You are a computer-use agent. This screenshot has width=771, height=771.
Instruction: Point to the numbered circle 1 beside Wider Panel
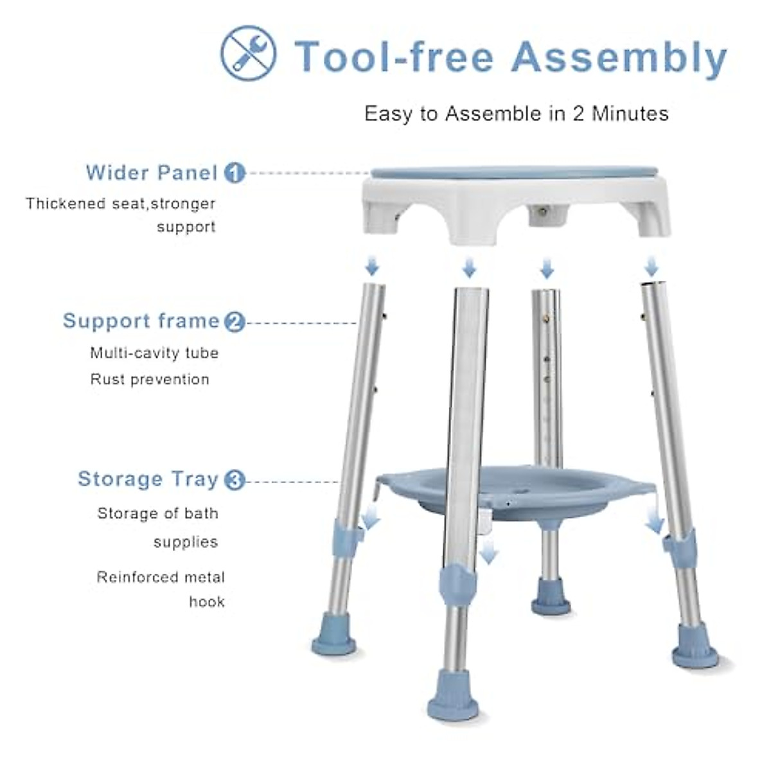pos(235,173)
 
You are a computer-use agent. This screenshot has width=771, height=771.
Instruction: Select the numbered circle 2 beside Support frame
pos(235,321)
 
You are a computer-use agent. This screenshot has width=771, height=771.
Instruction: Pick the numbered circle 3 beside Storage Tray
pos(235,480)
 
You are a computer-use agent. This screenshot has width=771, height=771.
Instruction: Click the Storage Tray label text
pos(148,479)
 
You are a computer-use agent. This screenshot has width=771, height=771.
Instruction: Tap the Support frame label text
pos(141,321)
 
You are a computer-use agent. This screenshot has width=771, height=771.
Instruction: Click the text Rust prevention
pos(150,380)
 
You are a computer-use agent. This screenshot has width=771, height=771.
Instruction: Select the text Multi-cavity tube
pos(154,353)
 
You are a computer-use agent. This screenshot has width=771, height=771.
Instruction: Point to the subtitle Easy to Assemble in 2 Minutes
pos(516,114)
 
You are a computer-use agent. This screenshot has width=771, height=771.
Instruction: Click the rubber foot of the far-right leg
pos(695,652)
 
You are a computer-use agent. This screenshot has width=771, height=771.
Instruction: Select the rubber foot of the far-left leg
pos(334,641)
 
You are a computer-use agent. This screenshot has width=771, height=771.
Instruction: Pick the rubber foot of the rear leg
pos(551,601)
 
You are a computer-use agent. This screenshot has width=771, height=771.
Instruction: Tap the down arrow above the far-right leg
pos(651,266)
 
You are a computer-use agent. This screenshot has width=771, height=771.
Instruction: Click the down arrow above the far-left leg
pos(372,265)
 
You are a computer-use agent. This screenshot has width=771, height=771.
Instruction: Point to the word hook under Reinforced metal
pos(206,602)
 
